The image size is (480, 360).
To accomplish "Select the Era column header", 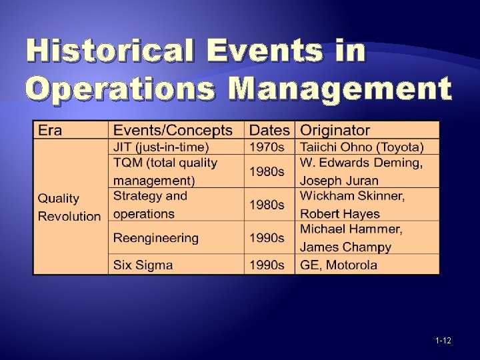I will pyautogui.click(x=50, y=131).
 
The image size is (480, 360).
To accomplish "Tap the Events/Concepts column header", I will pyautogui.click(x=173, y=131).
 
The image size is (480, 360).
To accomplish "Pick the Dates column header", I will pyautogui.click(x=269, y=131).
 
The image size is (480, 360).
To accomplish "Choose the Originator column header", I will pyautogui.click(x=335, y=131).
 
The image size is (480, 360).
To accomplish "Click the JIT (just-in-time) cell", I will pyautogui.click(x=161, y=147).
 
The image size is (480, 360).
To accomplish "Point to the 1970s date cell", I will pyautogui.click(x=267, y=147).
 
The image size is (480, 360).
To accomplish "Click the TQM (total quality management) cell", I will pyautogui.click(x=165, y=171).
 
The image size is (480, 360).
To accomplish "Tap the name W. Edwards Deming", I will pyautogui.click(x=361, y=163).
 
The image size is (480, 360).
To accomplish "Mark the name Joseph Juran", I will pyautogui.click(x=339, y=181).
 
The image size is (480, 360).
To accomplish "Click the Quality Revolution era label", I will pyautogui.click(x=69, y=207).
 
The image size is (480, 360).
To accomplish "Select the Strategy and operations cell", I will pyautogui.click(x=150, y=205).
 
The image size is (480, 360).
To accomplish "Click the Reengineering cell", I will pyautogui.click(x=156, y=238).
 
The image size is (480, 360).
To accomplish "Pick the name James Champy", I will pyautogui.click(x=345, y=247).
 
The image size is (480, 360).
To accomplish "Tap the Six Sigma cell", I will pyautogui.click(x=143, y=265).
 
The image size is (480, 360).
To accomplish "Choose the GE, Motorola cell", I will pyautogui.click(x=339, y=265).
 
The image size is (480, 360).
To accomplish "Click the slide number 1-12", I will pyautogui.click(x=443, y=341).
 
